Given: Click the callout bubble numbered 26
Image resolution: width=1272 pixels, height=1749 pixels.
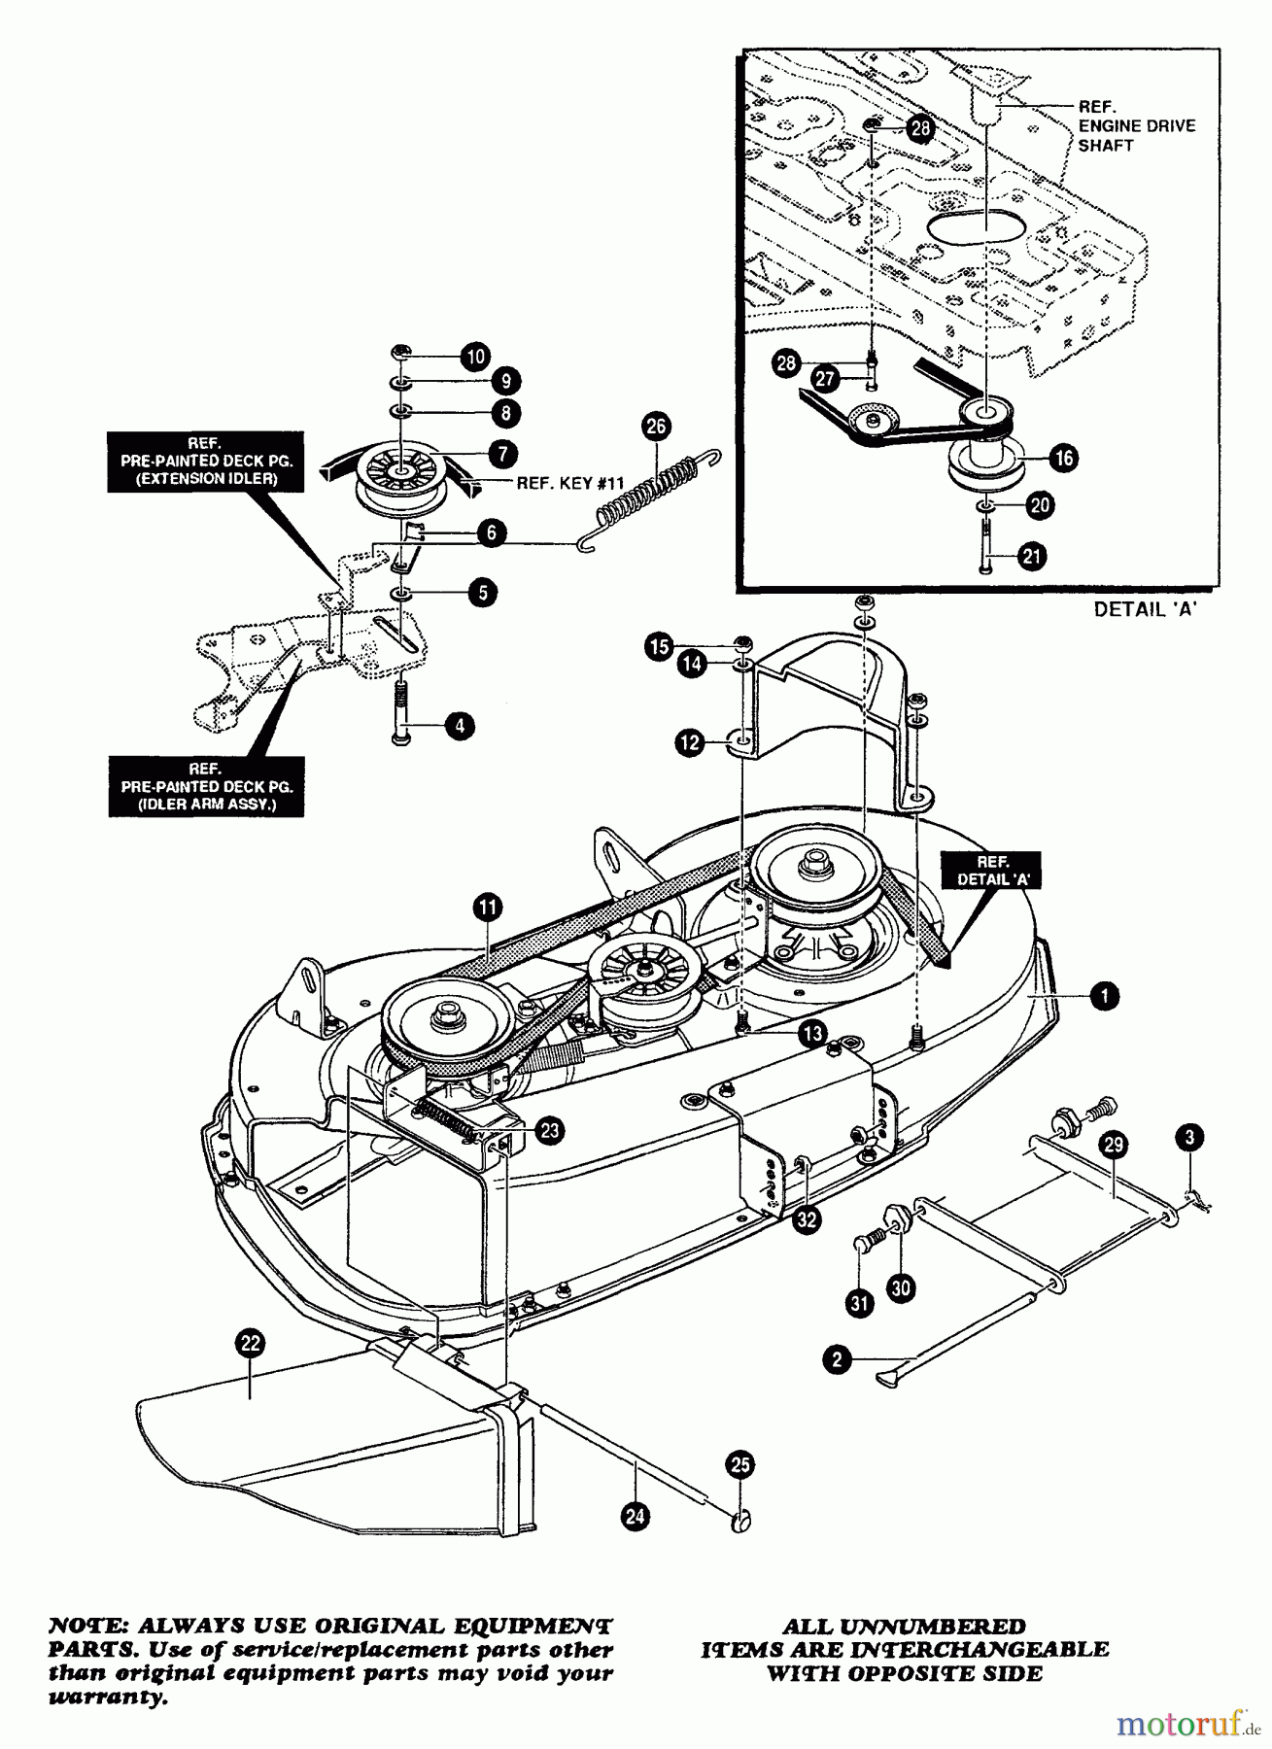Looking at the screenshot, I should (x=657, y=426).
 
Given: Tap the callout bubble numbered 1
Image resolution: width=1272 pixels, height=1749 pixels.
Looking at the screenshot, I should (x=1104, y=995).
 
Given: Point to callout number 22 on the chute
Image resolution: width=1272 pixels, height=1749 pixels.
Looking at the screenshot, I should (x=250, y=1344).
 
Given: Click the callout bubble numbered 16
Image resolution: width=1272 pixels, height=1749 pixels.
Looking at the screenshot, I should (x=1065, y=458).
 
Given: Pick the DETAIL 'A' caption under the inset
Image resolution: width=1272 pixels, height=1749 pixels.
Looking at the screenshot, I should (x=1145, y=609).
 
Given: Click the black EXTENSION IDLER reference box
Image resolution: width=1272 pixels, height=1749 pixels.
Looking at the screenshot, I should (x=205, y=461).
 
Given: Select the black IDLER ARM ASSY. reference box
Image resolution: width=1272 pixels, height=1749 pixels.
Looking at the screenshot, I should (x=206, y=786).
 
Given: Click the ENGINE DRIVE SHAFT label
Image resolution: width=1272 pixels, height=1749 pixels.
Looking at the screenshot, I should (x=1135, y=125).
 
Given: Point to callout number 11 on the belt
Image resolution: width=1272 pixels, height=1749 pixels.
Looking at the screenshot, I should (x=488, y=908).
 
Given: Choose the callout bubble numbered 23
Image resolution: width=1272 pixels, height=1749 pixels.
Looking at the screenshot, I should (x=550, y=1129).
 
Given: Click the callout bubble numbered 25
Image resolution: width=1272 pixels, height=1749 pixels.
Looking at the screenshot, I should (x=740, y=1465).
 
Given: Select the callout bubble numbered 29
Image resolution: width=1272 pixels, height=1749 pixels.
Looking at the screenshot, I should (x=1114, y=1145).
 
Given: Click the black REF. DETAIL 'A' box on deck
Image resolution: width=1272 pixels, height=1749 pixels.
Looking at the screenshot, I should (x=990, y=871).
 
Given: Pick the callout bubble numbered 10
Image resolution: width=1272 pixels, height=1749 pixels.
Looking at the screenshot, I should (x=475, y=357).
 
